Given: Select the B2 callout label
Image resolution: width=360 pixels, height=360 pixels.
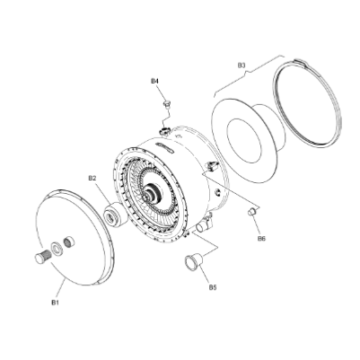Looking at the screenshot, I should coord(92,179).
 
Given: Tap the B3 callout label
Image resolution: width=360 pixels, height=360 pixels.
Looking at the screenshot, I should coord(241,66).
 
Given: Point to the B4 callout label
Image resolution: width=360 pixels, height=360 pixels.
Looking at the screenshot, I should coord(154,82).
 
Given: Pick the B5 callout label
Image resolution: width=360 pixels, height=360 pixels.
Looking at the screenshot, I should coord(213,287).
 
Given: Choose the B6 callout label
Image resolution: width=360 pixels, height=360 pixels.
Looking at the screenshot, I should coord(261,239).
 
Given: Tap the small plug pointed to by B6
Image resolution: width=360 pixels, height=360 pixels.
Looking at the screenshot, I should coord(252,211).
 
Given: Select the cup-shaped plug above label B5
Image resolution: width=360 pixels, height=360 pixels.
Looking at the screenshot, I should coord(193,262).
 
